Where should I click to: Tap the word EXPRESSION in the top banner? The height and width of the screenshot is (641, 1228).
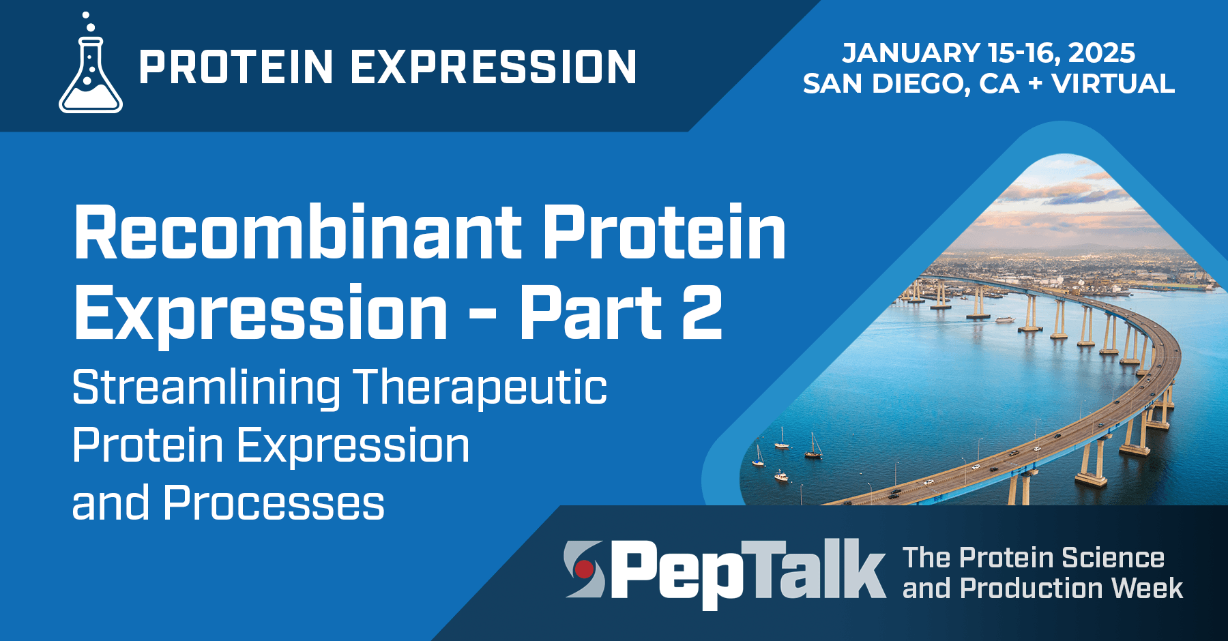[493, 67]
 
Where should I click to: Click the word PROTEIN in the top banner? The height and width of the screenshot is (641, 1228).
[235, 67]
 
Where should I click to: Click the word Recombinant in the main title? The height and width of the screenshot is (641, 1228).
[297, 233]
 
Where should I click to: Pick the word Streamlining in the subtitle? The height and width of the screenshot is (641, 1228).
[206, 387]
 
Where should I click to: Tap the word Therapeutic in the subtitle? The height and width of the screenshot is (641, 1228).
[479, 387]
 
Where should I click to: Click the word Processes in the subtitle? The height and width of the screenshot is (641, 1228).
[274, 503]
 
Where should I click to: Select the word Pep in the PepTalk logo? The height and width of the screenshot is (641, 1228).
[675, 571]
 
